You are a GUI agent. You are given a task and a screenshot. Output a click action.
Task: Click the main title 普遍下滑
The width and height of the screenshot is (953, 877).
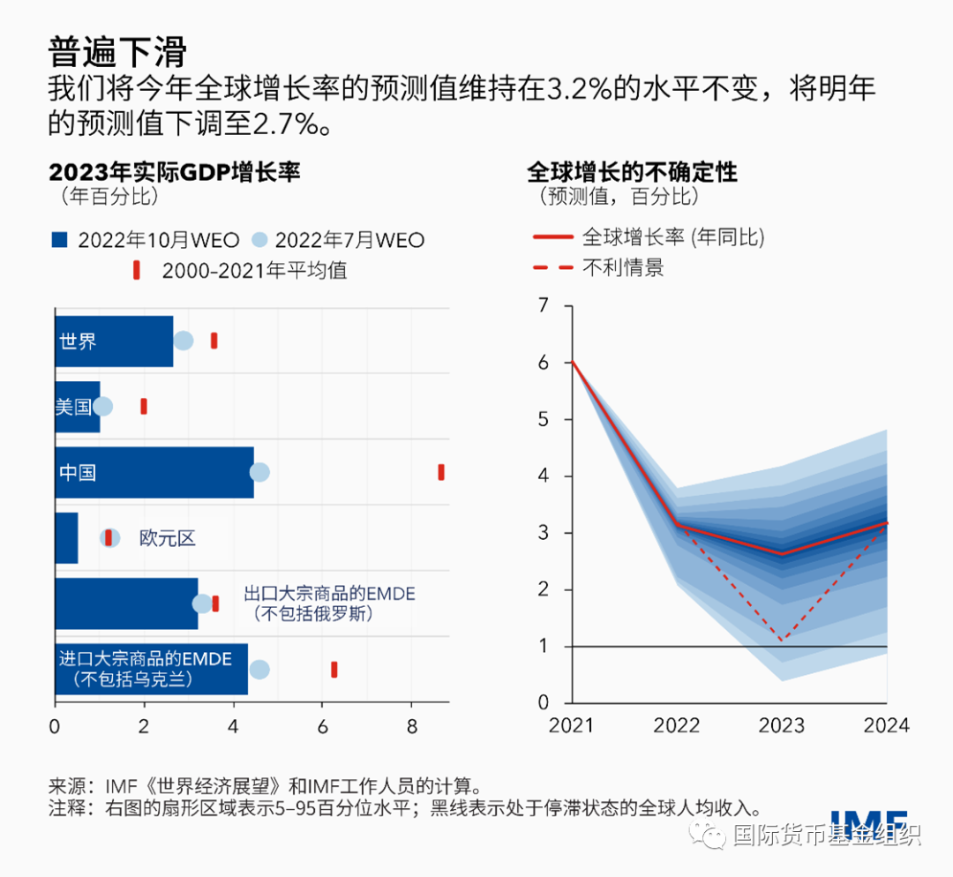(x=117, y=51)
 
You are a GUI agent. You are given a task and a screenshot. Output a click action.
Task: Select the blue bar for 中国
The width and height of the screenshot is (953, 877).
(x=154, y=472)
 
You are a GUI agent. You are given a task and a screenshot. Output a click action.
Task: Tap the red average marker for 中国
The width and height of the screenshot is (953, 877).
(x=441, y=472)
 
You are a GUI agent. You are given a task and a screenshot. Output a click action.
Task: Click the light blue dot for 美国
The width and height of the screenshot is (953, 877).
(x=103, y=407)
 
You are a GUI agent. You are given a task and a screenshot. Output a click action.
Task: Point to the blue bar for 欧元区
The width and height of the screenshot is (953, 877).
(x=66, y=537)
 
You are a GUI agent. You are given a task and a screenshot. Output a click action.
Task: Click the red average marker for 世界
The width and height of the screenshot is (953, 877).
(x=214, y=341)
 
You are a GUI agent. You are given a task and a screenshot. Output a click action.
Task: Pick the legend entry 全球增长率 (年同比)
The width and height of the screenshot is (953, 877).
(x=649, y=236)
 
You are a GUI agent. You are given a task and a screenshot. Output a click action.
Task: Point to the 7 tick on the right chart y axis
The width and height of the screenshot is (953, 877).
(x=544, y=306)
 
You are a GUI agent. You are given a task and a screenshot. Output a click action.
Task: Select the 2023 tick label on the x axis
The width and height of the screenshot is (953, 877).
(x=781, y=725)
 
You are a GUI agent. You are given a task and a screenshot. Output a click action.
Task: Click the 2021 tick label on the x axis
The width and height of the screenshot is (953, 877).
(x=572, y=725)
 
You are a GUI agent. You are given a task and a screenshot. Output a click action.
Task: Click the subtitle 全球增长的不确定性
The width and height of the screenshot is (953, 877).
(x=632, y=171)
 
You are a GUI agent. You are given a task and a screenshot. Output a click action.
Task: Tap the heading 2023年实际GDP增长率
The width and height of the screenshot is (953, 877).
(x=175, y=171)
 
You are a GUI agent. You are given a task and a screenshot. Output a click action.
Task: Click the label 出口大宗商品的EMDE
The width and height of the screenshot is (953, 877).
(x=329, y=594)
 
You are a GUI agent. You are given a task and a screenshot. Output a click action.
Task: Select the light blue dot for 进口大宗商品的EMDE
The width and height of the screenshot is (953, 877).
(x=259, y=670)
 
